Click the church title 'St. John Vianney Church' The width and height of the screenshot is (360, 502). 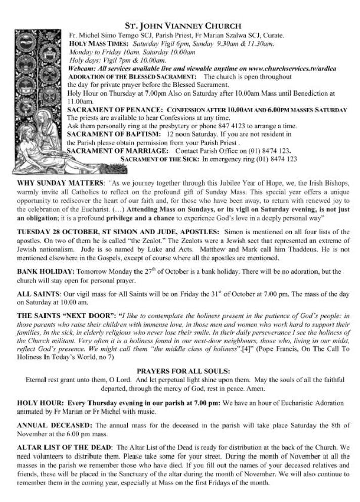click(183, 26)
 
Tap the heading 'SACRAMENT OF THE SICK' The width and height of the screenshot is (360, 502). click(160, 159)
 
